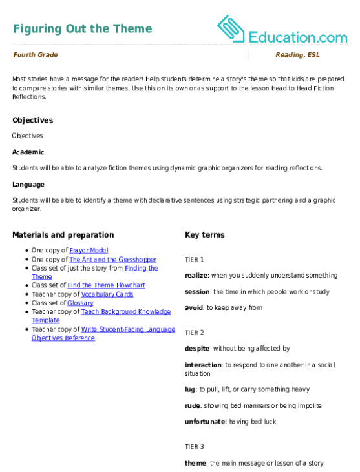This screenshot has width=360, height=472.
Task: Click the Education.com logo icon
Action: tap(231, 28)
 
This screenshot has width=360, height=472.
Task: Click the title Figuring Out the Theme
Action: tap(83, 28)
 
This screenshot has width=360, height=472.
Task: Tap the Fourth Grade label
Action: tap(36, 54)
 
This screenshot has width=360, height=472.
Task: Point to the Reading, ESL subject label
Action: tap(297, 54)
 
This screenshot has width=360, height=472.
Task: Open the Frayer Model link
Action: tap(89, 250)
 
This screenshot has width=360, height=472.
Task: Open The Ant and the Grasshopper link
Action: tap(113, 259)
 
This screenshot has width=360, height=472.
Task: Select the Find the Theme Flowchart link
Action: tap(107, 285)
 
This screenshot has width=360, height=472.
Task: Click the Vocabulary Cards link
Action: tap(107, 294)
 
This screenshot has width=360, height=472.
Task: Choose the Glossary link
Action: tap(80, 303)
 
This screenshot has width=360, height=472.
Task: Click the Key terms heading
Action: tap(205, 235)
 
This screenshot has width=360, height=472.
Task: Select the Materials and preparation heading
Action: tap(63, 235)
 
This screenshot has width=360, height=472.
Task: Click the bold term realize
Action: tap(196, 276)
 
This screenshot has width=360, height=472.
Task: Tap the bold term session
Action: tap(197, 292)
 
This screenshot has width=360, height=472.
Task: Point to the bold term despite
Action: tap(197, 349)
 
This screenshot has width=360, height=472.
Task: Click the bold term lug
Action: tap(190, 389)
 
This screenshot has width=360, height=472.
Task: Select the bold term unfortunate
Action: tap(205, 422)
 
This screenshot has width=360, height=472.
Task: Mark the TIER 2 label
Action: tap(195, 333)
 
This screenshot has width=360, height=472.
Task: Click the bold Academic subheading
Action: tap(28, 152)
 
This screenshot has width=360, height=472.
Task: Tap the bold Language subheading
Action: tap(28, 185)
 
